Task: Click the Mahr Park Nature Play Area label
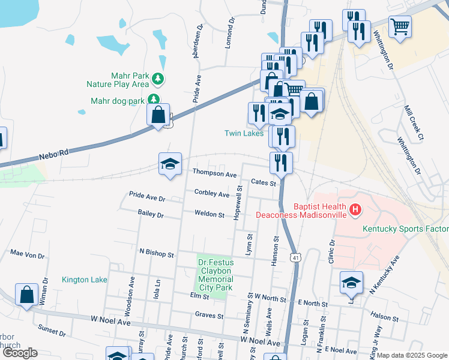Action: [x=129, y=80]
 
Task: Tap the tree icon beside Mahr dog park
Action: [x=155, y=100]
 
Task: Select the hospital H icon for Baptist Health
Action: [x=355, y=209]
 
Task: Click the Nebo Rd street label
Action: [x=54, y=154]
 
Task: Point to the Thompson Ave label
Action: [x=214, y=173]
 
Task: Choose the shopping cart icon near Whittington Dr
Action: [x=400, y=26]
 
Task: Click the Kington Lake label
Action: [x=84, y=280]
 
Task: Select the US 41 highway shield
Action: [x=295, y=257]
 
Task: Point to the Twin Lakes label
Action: [x=244, y=133]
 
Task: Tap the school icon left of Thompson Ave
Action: [x=170, y=164]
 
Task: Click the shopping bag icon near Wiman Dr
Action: [x=26, y=295]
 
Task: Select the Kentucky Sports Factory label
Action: [x=405, y=229]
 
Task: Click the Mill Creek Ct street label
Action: [x=414, y=124]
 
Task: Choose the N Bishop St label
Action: [x=156, y=254]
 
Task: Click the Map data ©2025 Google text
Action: [x=412, y=355]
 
